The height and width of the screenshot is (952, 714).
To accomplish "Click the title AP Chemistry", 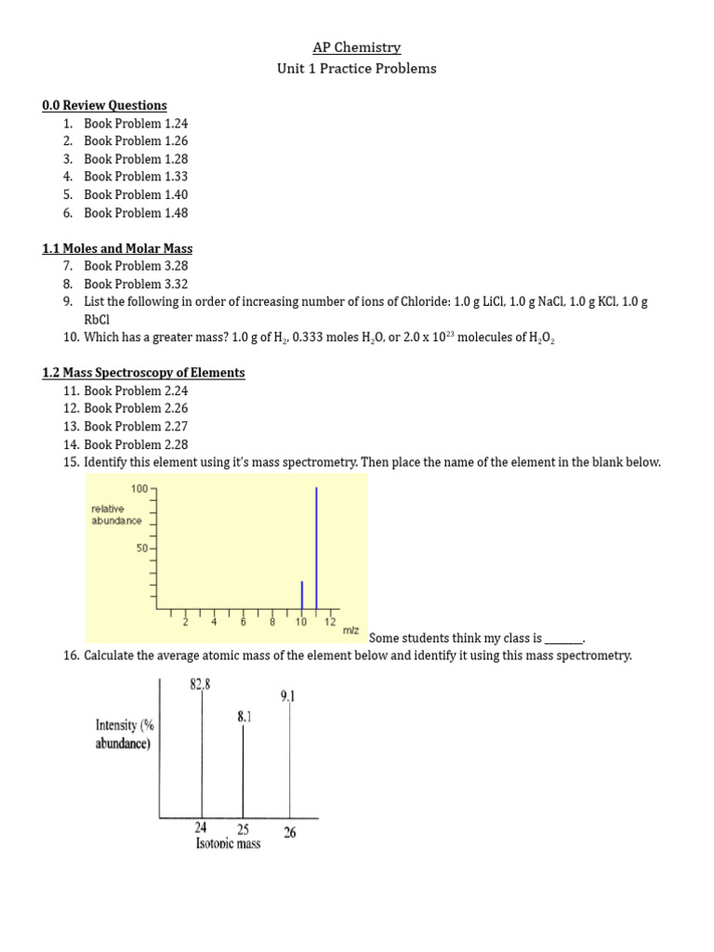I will (357, 47).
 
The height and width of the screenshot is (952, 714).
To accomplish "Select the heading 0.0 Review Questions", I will (104, 105).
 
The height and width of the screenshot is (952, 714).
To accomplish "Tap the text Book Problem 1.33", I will (136, 177).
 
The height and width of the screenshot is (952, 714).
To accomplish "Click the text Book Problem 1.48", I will (136, 213).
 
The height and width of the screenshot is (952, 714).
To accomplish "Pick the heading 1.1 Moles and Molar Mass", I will (117, 248).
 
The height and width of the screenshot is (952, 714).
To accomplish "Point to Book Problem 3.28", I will (136, 267).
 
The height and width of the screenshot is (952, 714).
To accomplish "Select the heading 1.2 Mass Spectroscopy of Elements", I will (143, 373).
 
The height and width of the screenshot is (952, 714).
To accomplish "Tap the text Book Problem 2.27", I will (136, 427).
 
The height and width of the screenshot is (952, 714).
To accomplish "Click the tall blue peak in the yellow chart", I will (317, 549).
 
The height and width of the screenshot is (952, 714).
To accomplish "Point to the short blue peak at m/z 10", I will (301, 596).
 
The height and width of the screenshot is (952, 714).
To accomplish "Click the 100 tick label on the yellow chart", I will (139, 488).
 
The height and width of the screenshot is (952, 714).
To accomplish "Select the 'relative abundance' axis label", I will (116, 515).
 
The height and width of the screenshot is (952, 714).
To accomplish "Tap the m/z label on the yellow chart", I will (350, 630).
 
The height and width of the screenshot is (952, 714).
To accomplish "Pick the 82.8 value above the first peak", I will (200, 685).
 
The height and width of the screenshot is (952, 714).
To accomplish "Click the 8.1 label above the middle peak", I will (244, 716).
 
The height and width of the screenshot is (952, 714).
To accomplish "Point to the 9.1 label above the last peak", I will (288, 695).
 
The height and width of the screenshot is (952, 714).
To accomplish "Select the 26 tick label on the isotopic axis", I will (289, 833).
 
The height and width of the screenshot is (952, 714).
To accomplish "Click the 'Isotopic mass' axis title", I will (228, 843).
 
